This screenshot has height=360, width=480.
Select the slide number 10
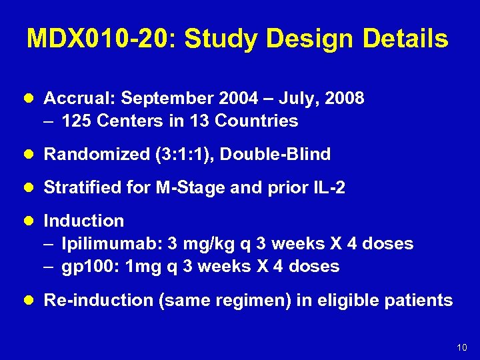coord(462,347)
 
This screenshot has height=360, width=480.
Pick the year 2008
coord(342,99)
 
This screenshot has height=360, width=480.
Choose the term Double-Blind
coord(275,155)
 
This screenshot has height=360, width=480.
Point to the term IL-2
coord(328,188)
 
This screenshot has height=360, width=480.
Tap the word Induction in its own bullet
coord(84,221)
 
